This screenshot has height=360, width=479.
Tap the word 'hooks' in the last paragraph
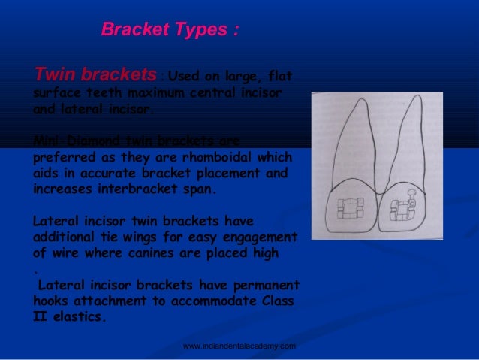click(x=51, y=301)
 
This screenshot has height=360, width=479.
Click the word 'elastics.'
click(x=80, y=317)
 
